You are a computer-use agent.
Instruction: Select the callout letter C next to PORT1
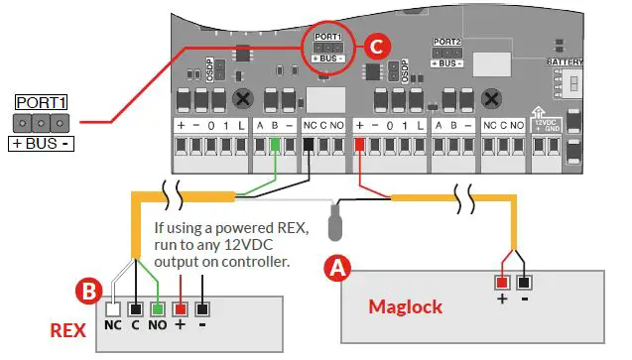pyautogui.click(x=373, y=46)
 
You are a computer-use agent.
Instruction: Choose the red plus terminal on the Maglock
pyautogui.click(x=504, y=282)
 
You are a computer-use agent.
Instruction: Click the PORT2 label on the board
pyautogui.click(x=445, y=43)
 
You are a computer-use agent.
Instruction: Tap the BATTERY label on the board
pyautogui.click(x=566, y=61)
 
